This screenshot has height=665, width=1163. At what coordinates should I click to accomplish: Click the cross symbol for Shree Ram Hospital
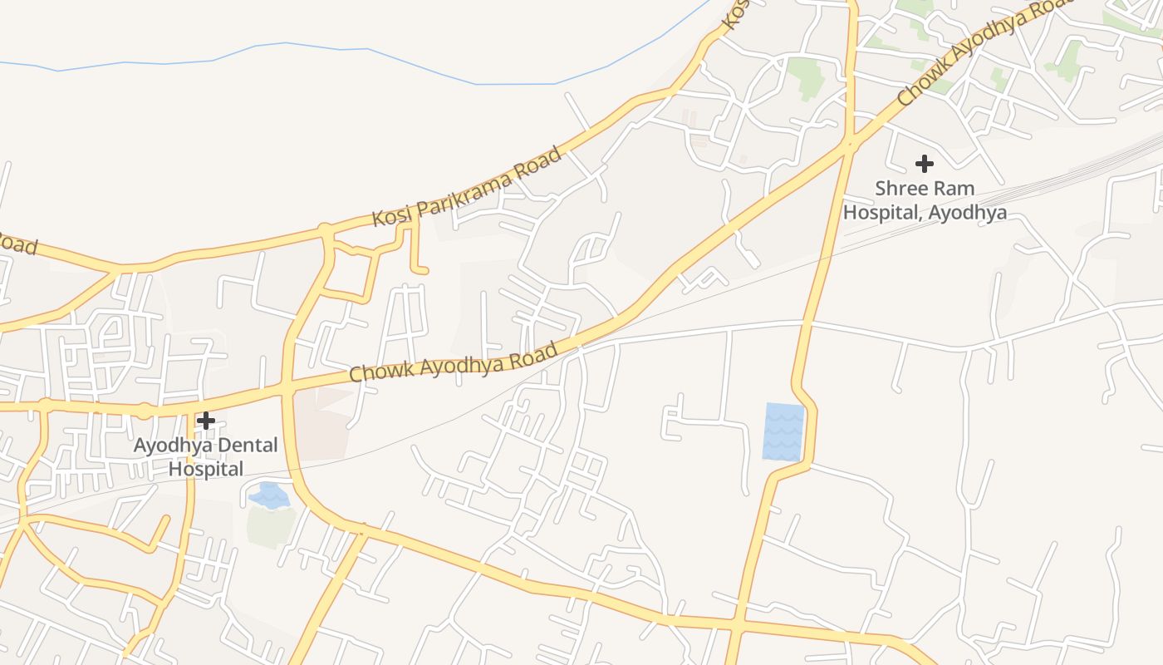click(924, 163)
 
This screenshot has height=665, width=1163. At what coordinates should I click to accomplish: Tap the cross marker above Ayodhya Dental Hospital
click(206, 420)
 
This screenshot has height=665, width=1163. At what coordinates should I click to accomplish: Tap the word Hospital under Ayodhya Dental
click(206, 469)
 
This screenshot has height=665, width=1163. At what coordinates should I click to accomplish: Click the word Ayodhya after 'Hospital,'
click(968, 213)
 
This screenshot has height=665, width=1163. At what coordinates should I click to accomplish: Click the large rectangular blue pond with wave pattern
click(783, 431)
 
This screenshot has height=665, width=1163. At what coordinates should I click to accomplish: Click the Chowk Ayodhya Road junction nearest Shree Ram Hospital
click(848, 145)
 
